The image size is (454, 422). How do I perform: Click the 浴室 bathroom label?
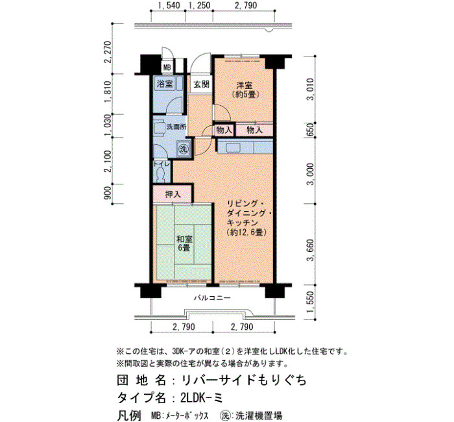(165, 84)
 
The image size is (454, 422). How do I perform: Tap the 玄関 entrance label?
(202, 84)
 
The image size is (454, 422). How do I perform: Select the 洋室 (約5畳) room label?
(245, 90)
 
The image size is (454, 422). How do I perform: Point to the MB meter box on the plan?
(167, 68)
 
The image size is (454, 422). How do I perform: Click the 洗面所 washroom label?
(176, 127)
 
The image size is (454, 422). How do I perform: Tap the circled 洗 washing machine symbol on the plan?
(184, 149)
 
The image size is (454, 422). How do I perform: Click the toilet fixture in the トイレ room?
(160, 175)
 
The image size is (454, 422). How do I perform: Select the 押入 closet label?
(173, 195)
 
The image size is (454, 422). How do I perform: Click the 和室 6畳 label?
(184, 243)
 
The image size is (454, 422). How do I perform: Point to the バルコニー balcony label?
(212, 297)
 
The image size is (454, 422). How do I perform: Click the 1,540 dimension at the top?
(169, 5)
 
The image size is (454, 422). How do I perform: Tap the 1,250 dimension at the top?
(199, 5)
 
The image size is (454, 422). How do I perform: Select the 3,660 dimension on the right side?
(311, 250)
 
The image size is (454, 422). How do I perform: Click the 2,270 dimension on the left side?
(108, 52)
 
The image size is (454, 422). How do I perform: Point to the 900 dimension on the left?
(108, 193)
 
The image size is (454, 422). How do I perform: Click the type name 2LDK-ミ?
(202, 397)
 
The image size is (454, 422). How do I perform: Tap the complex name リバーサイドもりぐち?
(244, 380)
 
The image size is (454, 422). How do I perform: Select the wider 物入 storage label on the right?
(254, 130)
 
